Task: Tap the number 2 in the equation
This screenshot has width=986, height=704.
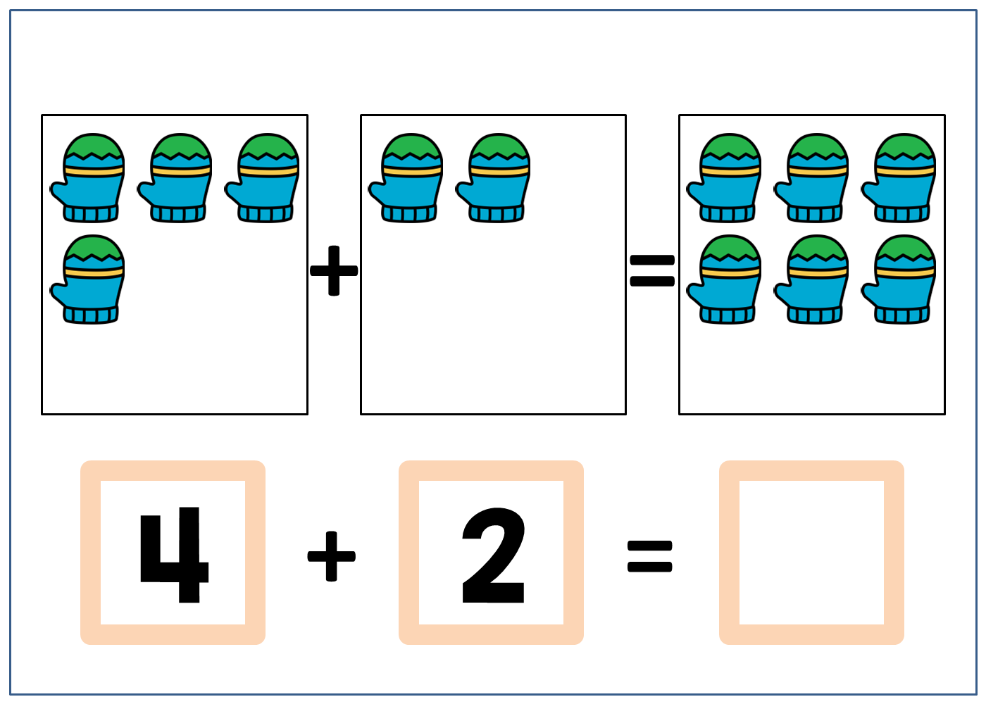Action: point(493,555)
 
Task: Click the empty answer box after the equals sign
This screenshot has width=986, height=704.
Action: point(811,553)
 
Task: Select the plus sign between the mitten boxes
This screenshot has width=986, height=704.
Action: point(334,270)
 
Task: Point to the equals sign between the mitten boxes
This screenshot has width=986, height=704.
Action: point(652,271)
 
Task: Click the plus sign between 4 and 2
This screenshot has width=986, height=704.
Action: point(332,556)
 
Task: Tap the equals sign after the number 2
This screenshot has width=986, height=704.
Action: point(650,556)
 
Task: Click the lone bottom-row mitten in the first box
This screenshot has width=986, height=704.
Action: point(89,280)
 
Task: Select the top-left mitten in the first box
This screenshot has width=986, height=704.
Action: point(89,179)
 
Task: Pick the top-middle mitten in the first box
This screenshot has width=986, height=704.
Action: point(177,179)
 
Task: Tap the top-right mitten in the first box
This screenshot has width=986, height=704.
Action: point(264,179)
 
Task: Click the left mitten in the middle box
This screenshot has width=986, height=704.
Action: point(408,179)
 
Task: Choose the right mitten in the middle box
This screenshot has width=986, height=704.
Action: point(495,179)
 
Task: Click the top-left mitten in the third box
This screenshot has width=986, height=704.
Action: point(726,179)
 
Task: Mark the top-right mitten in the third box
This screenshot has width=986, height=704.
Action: point(901,179)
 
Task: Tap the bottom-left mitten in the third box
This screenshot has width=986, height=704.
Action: point(726,280)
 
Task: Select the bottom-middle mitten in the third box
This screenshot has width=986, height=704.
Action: point(813,280)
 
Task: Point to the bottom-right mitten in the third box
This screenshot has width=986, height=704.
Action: point(901,280)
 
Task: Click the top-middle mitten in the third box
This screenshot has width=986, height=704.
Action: point(813,179)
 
